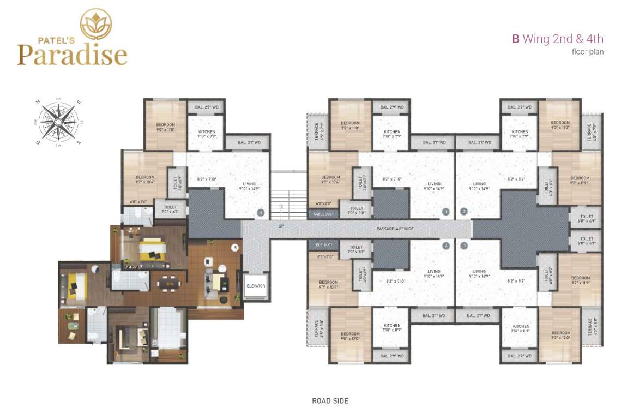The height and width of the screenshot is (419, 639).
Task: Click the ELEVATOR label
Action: pos(255,285)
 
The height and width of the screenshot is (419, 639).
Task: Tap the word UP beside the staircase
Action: pos(281,226)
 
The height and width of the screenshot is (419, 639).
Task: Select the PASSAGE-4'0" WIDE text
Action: pos(395,229)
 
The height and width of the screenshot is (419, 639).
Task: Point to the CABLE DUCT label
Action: pos(323,214)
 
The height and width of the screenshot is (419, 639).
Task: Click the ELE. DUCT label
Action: pos(323,245)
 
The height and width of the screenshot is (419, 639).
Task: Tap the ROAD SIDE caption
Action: pos(330,401)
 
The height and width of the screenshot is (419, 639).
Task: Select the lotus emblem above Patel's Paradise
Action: pos(96,25)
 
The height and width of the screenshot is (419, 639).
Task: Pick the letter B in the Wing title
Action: pos(515,39)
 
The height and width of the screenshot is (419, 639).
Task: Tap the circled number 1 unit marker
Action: pos(446,212)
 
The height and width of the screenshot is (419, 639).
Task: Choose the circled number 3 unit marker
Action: pos(464,246)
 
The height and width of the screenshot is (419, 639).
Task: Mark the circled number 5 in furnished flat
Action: pos(235,248)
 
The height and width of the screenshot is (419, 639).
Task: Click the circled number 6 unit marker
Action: pos(261,212)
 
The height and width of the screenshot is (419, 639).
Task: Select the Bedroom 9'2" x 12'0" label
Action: pos(562,335)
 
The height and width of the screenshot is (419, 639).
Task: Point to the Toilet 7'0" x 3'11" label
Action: pos(357,210)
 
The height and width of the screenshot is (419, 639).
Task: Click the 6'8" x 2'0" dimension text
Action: pos(323,204)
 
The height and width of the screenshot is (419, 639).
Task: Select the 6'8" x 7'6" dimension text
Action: pos(138,202)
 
